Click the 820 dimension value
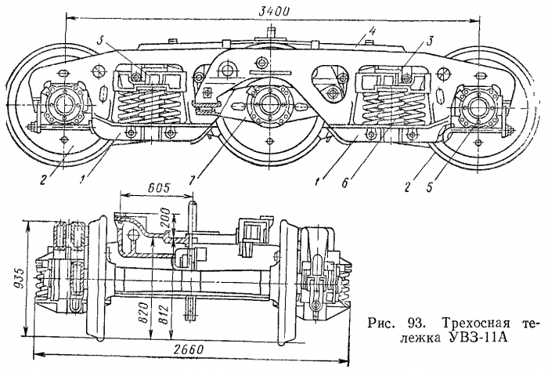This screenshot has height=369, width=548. click(145, 314)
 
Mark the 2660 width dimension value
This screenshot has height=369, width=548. click(188, 349)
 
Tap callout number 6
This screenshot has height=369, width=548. click(344, 183)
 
